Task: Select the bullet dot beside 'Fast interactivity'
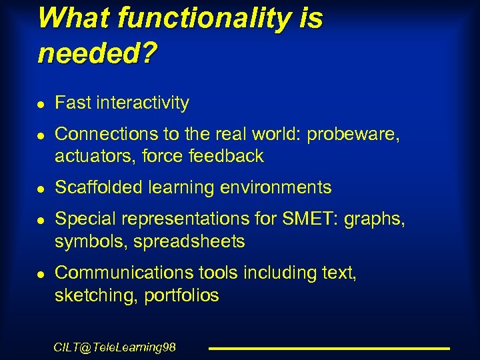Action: pos(42,105)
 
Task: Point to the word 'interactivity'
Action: pos(143,103)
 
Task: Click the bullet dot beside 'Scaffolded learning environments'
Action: pos(42,189)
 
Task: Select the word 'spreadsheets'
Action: pos(189,241)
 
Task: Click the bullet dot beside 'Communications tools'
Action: pos(42,275)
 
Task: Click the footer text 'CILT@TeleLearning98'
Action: pos(114,347)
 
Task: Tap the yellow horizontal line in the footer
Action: pos(329,348)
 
